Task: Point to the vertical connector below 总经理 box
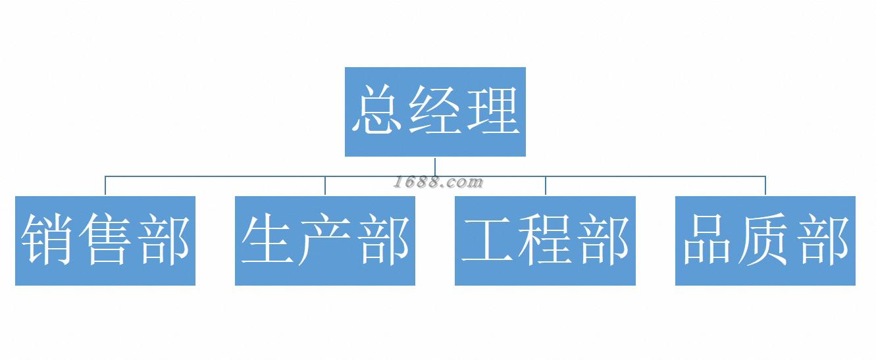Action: click(435, 166)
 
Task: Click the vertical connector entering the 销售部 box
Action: click(105, 186)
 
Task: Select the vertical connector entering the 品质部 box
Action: click(765, 186)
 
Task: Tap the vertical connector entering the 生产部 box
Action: click(325, 186)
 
